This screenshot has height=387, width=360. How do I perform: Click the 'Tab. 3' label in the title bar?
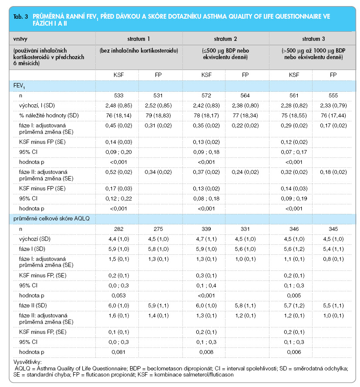(x=20, y=17)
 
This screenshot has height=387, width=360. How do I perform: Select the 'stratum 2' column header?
(x=225, y=39)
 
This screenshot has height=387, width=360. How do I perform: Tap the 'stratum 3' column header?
(x=313, y=39)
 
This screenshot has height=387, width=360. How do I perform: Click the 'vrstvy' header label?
(x=20, y=39)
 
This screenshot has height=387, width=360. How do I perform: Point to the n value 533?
(x=118, y=95)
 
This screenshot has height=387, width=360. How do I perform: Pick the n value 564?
(x=245, y=95)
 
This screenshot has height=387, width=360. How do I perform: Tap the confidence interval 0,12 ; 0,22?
(x=118, y=198)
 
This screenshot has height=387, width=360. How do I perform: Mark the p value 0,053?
(x=118, y=295)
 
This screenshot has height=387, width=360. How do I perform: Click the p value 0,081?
(x=118, y=352)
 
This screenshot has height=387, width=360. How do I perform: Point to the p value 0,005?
(x=294, y=295)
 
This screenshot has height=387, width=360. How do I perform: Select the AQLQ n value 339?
(x=206, y=229)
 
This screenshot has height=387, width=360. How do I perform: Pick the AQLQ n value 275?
(x=158, y=229)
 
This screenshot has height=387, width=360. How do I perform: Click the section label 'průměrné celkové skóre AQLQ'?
(x=51, y=218)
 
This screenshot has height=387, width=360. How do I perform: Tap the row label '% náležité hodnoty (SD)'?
(x=49, y=116)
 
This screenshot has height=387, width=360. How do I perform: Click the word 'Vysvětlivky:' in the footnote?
(x=27, y=362)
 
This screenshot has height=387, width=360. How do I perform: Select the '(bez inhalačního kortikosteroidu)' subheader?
(x=139, y=50)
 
